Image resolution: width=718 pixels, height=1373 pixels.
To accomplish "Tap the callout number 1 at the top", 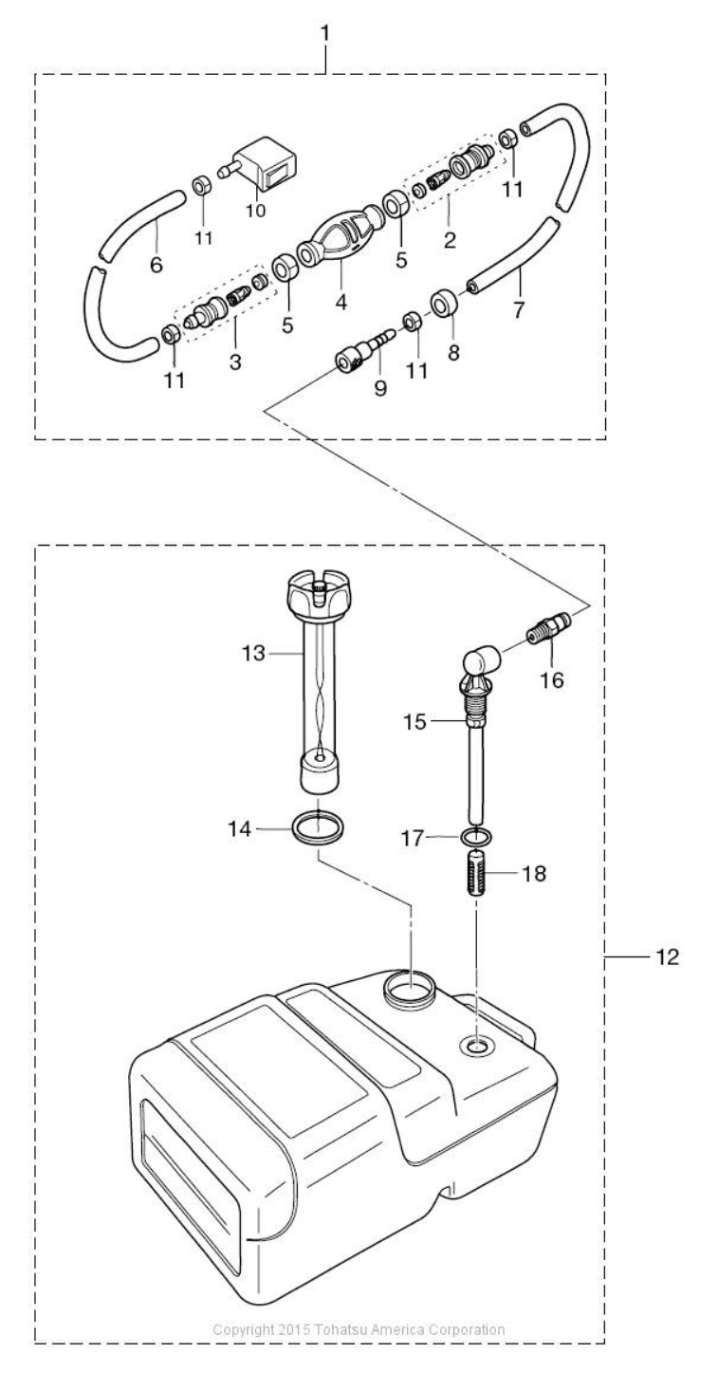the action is point(324,34).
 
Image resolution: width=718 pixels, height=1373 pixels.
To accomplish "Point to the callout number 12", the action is point(667,956).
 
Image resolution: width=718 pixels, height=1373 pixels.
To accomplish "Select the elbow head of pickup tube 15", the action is point(481,666).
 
